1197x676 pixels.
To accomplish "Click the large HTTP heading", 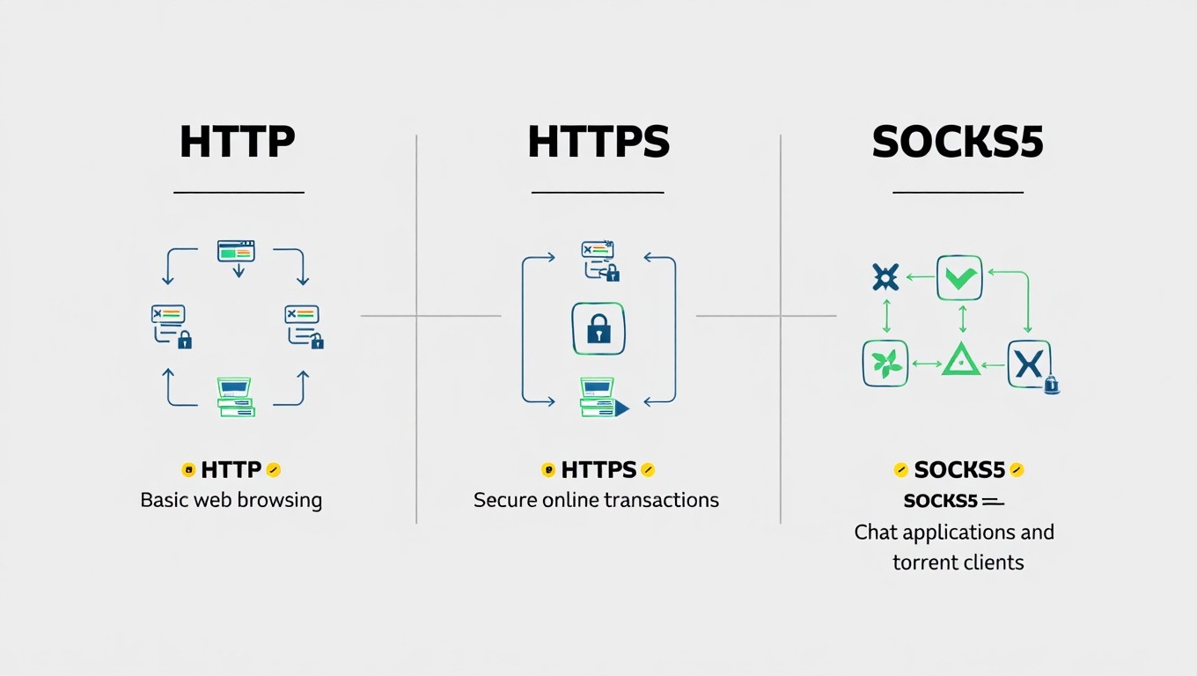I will pyautogui.click(x=237, y=143).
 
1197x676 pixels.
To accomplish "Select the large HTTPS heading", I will pyautogui.click(x=598, y=143).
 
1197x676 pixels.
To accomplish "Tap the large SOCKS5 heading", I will pyautogui.click(x=958, y=143).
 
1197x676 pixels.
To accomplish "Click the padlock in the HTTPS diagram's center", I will pyautogui.click(x=598, y=329).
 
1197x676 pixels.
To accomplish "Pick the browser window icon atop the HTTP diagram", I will pyautogui.click(x=236, y=251).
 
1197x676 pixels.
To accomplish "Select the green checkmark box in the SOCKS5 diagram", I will pyautogui.click(x=959, y=278).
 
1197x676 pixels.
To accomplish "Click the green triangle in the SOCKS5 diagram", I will pyautogui.click(x=960, y=360).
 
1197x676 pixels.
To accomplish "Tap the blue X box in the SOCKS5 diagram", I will pyautogui.click(x=1028, y=363).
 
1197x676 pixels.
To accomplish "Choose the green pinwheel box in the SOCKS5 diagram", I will pyautogui.click(x=885, y=363).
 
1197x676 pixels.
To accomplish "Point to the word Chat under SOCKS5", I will pyautogui.click(x=877, y=533).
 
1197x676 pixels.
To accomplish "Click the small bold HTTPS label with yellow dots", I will pyautogui.click(x=598, y=470).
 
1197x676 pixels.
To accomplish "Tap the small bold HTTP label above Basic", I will pyautogui.click(x=231, y=470).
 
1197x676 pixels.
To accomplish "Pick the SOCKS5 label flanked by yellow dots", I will pyautogui.click(x=958, y=470).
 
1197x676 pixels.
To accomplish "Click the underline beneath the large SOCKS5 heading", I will pyautogui.click(x=958, y=192).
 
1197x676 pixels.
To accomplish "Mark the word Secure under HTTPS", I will pyautogui.click(x=505, y=501).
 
